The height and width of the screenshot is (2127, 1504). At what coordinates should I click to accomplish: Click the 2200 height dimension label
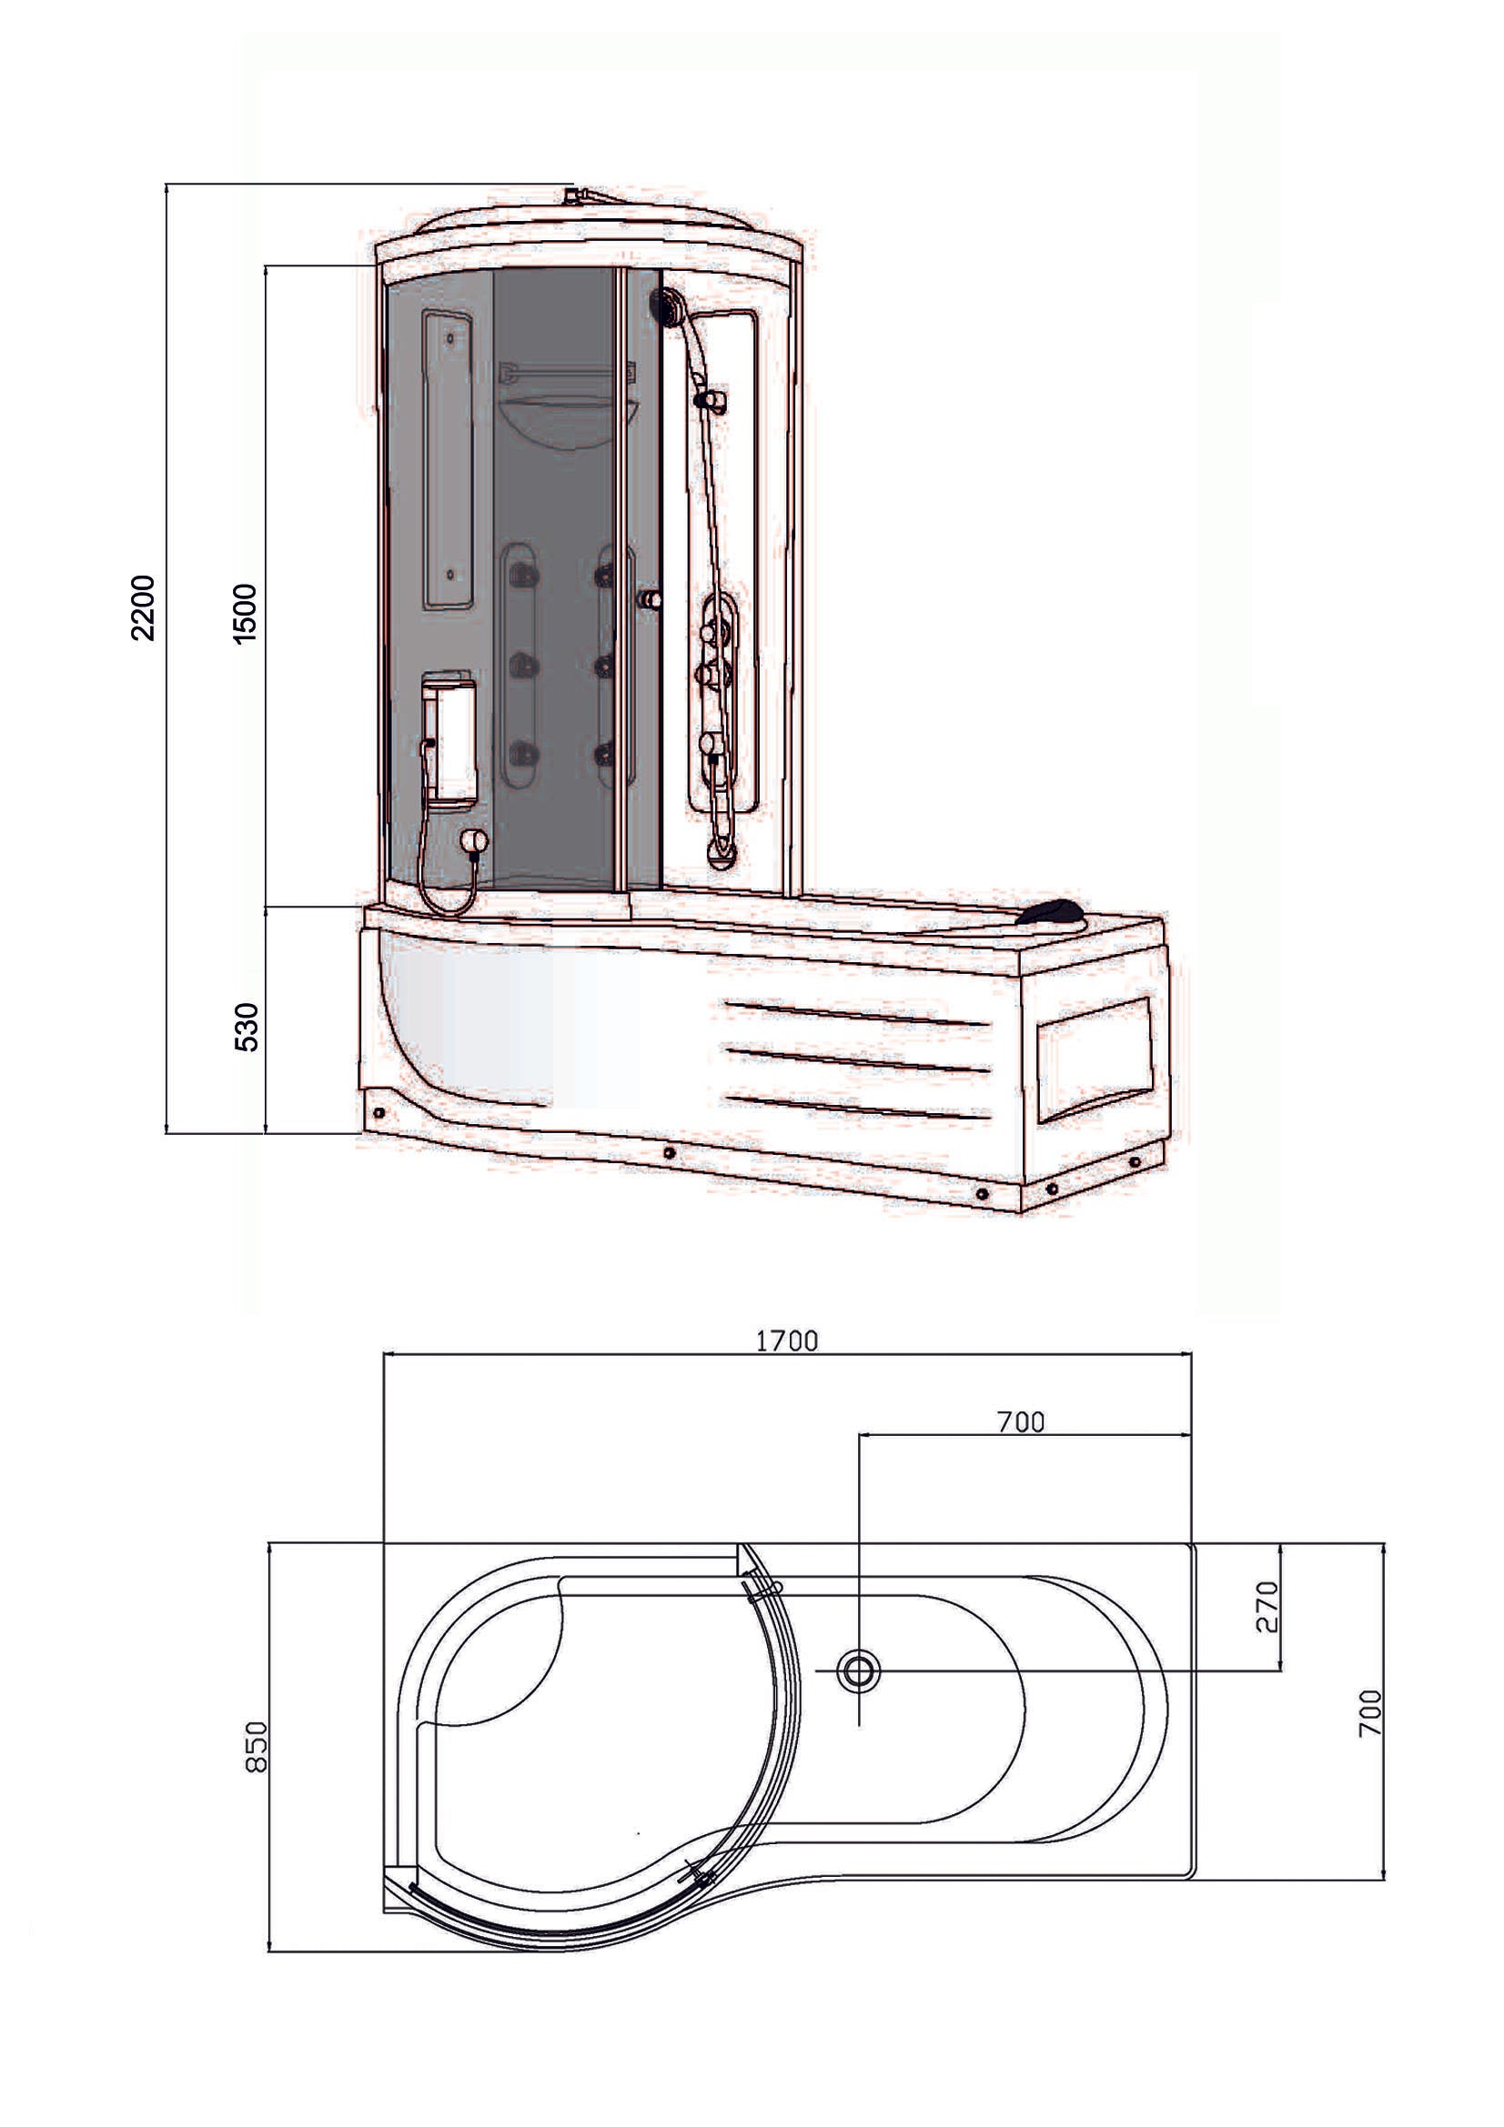(144, 607)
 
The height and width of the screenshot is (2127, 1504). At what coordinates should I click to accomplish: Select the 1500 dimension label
(245, 614)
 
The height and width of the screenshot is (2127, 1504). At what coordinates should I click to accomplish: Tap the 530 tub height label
(247, 1027)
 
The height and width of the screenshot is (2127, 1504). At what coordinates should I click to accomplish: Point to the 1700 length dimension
(787, 1340)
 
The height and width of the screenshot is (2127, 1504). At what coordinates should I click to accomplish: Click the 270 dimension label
(1267, 1607)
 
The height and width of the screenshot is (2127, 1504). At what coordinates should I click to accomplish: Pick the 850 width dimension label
(256, 1747)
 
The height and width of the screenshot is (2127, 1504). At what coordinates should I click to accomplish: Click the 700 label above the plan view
(1020, 1422)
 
